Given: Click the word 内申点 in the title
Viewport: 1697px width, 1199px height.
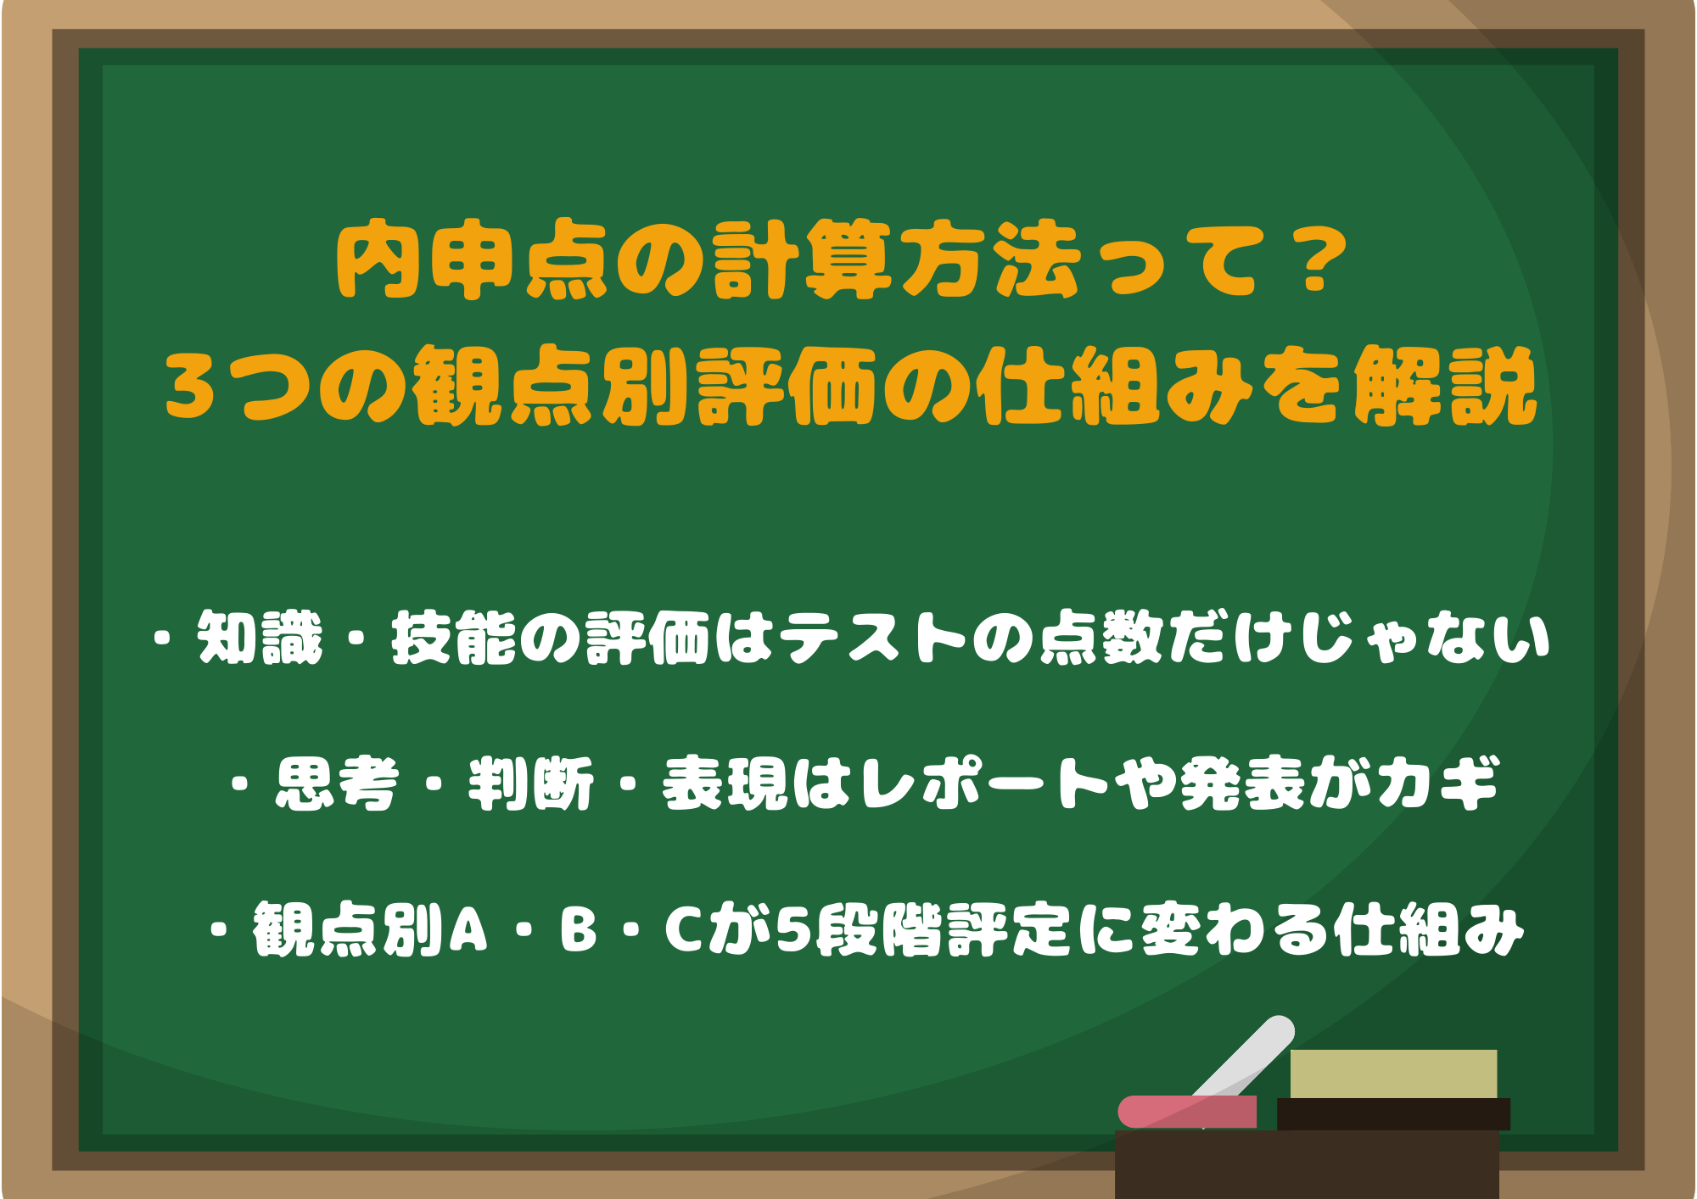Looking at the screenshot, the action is click(x=473, y=260).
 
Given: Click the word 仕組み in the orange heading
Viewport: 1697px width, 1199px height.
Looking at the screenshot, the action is click(x=1115, y=386).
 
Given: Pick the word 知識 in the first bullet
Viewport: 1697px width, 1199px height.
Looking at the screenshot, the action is click(x=260, y=638).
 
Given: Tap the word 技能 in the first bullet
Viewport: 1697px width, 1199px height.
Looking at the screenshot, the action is click(x=454, y=638).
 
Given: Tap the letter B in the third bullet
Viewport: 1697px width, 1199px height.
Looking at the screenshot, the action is click(x=578, y=929).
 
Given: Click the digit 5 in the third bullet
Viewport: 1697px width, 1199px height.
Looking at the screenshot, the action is click(x=794, y=929).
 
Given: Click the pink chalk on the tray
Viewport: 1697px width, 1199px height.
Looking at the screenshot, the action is click(x=1187, y=1112).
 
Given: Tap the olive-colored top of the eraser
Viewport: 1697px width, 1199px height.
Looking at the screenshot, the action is click(x=1393, y=1074).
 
